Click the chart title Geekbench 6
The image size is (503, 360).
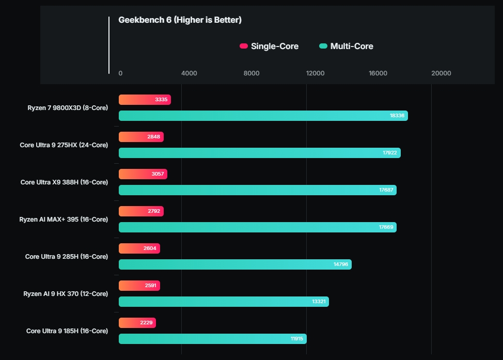[x=180, y=20]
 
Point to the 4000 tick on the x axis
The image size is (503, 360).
[x=189, y=73]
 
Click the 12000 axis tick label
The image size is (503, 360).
[x=315, y=73]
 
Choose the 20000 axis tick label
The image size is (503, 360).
[x=441, y=73]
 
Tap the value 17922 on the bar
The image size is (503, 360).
[x=390, y=153]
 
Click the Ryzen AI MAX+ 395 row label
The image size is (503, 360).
[x=64, y=220]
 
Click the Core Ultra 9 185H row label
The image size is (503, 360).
[x=67, y=331]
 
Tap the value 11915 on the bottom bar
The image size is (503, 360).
[x=296, y=339]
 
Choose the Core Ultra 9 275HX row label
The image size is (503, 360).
[x=64, y=145]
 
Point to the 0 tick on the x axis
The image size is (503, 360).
[x=120, y=73]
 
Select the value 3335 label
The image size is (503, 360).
[x=161, y=100]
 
